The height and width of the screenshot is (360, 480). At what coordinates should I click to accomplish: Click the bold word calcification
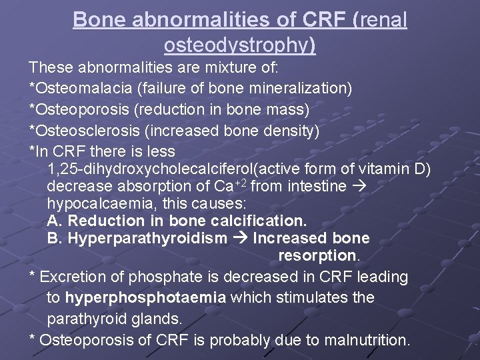259,221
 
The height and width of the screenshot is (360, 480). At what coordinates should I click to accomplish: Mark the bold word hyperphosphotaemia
146,297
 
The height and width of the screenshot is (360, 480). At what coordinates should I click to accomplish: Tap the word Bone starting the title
95,20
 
